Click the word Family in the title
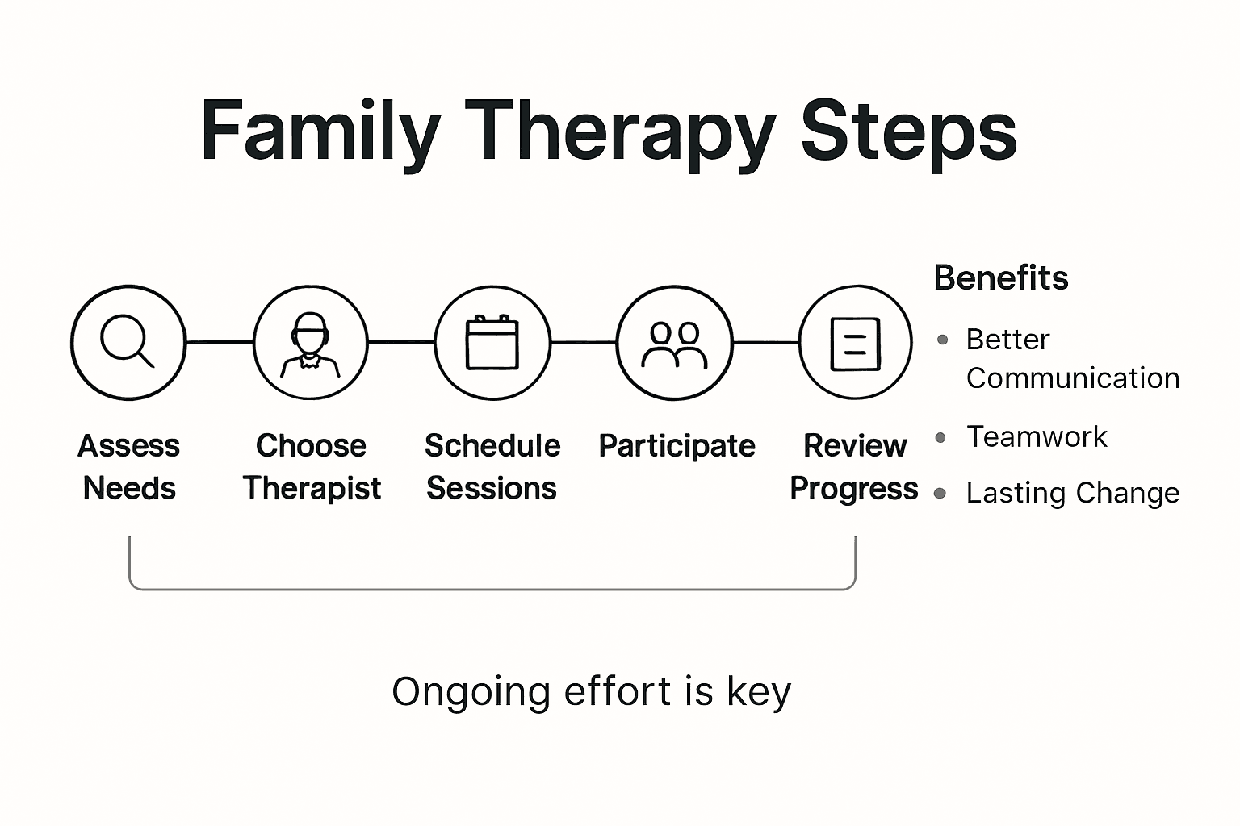(x=320, y=131)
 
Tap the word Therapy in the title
(x=619, y=131)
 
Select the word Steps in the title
(x=907, y=131)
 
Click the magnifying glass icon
(x=128, y=342)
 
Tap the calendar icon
(x=492, y=342)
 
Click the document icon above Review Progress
(x=856, y=343)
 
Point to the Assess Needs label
(x=129, y=466)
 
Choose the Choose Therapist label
(x=312, y=466)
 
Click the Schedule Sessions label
(x=492, y=466)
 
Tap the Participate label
(x=677, y=446)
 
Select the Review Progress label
(x=854, y=466)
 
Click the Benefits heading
(x=1000, y=278)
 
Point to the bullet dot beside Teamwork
(x=940, y=438)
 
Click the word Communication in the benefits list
(x=1072, y=378)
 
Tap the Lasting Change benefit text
(x=1072, y=493)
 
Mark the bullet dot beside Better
(x=942, y=340)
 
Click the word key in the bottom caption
(x=758, y=692)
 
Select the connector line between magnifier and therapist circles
(x=220, y=342)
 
